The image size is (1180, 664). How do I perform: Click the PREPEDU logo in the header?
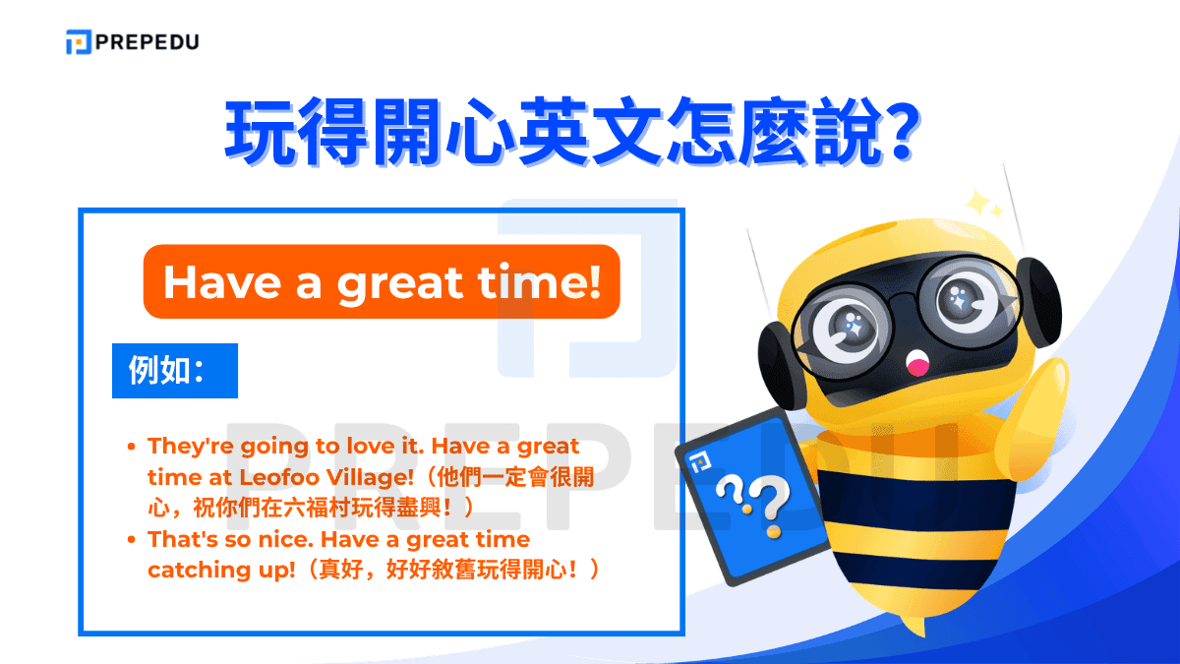tap(132, 42)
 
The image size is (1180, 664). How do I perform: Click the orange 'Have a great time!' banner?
tap(382, 281)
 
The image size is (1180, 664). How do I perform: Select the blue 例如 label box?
tap(175, 371)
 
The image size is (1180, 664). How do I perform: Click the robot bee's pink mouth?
tap(918, 366)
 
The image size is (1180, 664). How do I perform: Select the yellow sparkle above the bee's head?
tap(981, 204)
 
